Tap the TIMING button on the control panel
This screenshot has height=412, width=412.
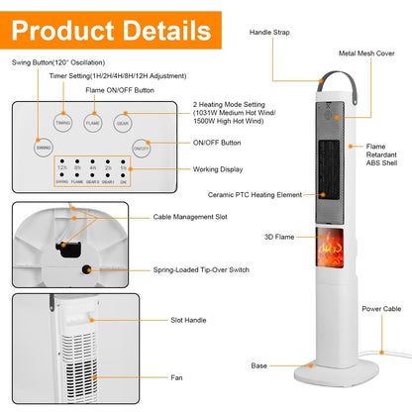62,122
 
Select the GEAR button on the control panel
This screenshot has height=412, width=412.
122,122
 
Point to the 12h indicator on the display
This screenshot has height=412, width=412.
61,170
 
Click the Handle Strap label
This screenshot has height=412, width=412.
274,32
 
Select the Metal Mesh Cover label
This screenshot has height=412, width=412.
367,53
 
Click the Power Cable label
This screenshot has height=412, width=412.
382,308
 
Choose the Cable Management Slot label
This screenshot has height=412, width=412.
190,217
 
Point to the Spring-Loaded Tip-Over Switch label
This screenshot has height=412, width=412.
199,268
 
